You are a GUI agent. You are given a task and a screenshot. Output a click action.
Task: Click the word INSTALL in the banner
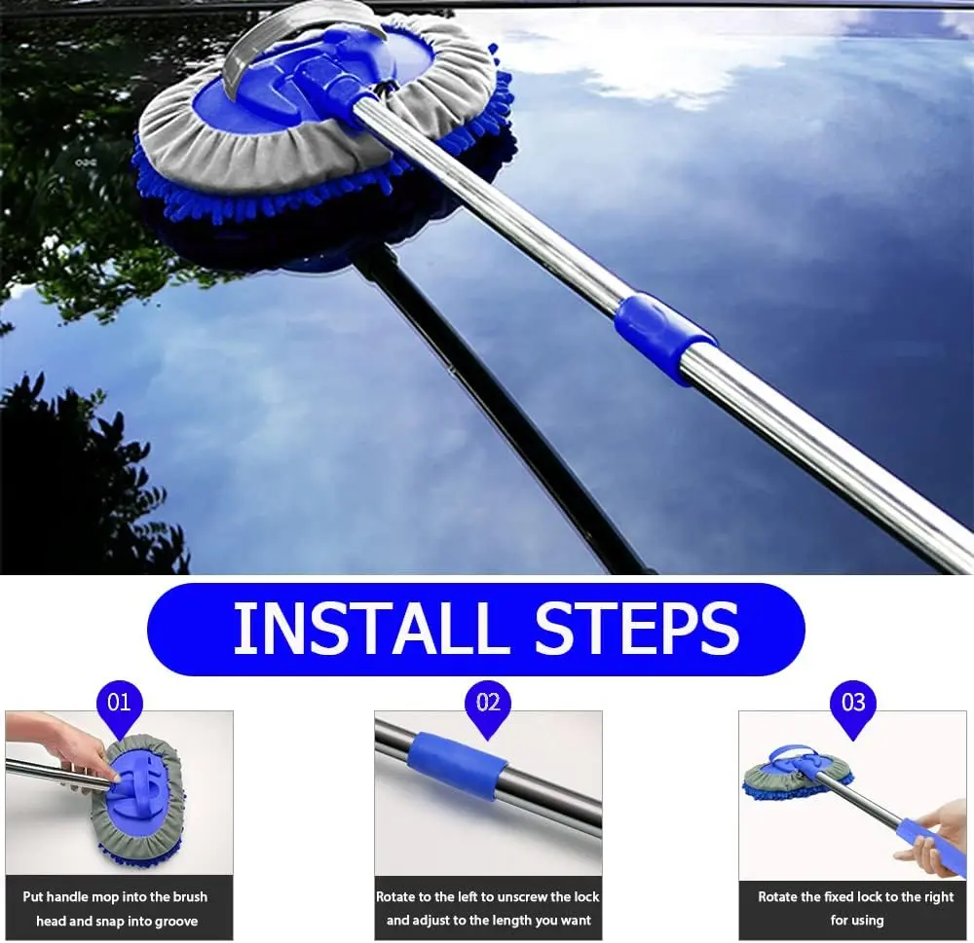366,628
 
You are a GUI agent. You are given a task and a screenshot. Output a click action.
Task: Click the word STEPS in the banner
637,628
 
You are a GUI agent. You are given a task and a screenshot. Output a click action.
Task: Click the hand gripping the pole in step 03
942,834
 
